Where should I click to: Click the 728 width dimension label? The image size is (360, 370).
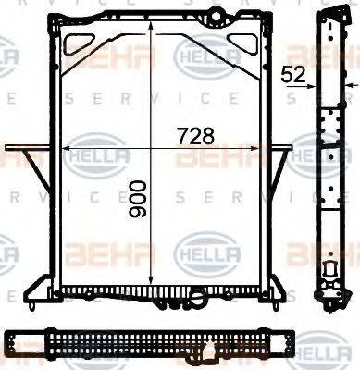pyautogui.click(x=195, y=135)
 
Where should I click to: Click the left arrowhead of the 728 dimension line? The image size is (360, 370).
pyautogui.click(x=66, y=147)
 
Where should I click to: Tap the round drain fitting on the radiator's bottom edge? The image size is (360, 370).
pyautogui.click(x=197, y=296)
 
